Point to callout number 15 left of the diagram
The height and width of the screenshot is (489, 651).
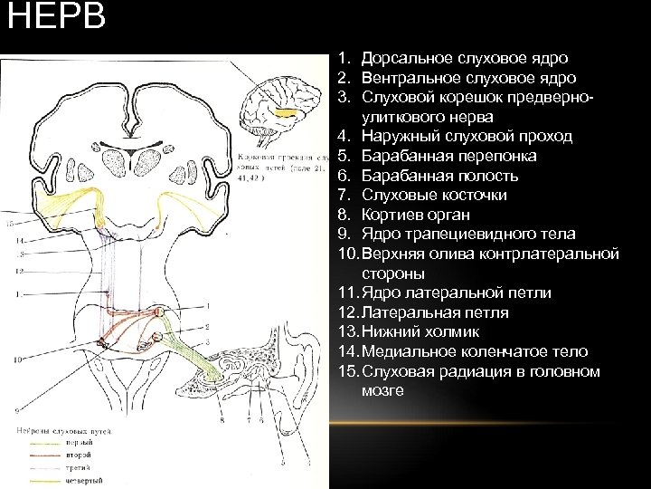[x=10, y=222]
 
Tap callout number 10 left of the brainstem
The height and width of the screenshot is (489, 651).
[x=15, y=360]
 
